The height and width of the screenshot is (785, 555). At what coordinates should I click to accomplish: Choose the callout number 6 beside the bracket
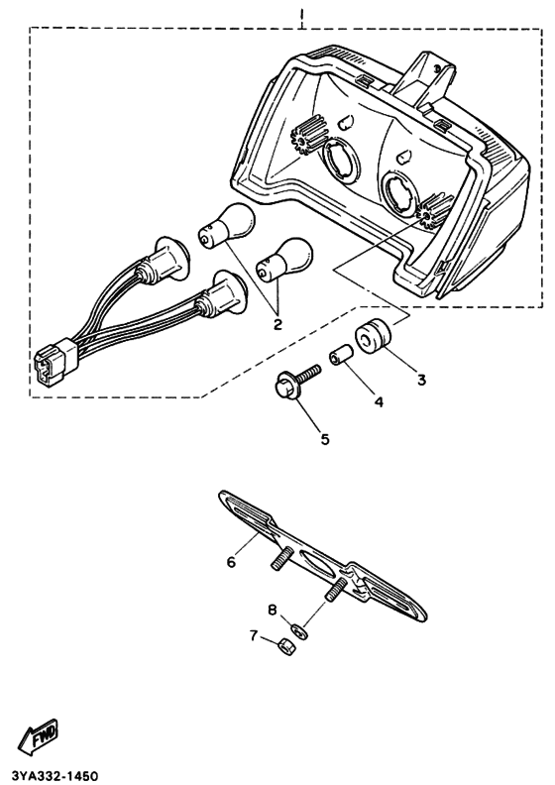click(231, 561)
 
